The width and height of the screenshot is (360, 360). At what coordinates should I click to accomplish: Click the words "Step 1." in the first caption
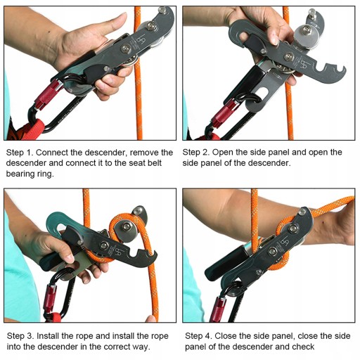[20, 153]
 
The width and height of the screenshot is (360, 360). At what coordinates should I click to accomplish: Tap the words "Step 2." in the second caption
[196, 153]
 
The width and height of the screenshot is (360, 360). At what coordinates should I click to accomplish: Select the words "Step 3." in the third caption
[20, 336]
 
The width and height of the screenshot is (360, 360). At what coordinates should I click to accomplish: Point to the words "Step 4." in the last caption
[198, 336]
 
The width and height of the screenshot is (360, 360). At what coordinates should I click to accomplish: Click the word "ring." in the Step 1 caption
[44, 174]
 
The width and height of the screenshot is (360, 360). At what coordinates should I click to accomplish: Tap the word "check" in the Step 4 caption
[303, 347]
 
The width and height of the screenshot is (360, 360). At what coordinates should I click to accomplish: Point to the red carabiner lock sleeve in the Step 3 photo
[52, 298]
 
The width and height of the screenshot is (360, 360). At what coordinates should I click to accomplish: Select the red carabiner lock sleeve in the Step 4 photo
[219, 309]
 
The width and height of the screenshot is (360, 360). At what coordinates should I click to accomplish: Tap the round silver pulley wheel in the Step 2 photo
[306, 35]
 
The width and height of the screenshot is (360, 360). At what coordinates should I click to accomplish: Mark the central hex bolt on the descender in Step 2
[288, 56]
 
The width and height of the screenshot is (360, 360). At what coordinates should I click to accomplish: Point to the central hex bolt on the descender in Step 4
[272, 252]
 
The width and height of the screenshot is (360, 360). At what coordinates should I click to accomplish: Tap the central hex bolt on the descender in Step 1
[126, 49]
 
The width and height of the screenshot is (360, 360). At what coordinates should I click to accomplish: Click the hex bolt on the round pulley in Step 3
[127, 226]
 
